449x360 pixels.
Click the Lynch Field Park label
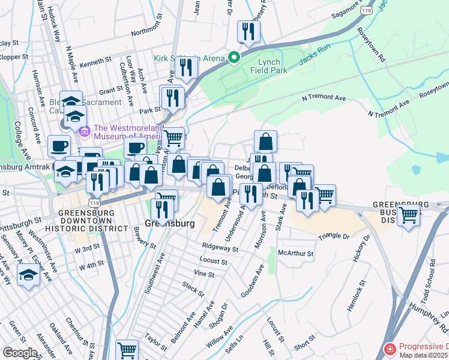point(273,66)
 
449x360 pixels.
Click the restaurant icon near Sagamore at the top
point(248,31)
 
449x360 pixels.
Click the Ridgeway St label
point(220,247)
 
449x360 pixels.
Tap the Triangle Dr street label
point(333,236)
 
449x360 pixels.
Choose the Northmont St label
point(147,32)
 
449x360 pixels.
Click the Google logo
point(19,353)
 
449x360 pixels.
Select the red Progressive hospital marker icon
point(390,348)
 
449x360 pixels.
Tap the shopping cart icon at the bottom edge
point(127,350)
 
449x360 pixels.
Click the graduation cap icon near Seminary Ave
point(29,275)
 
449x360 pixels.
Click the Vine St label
point(204,274)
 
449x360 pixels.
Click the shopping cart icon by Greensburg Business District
point(409,214)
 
